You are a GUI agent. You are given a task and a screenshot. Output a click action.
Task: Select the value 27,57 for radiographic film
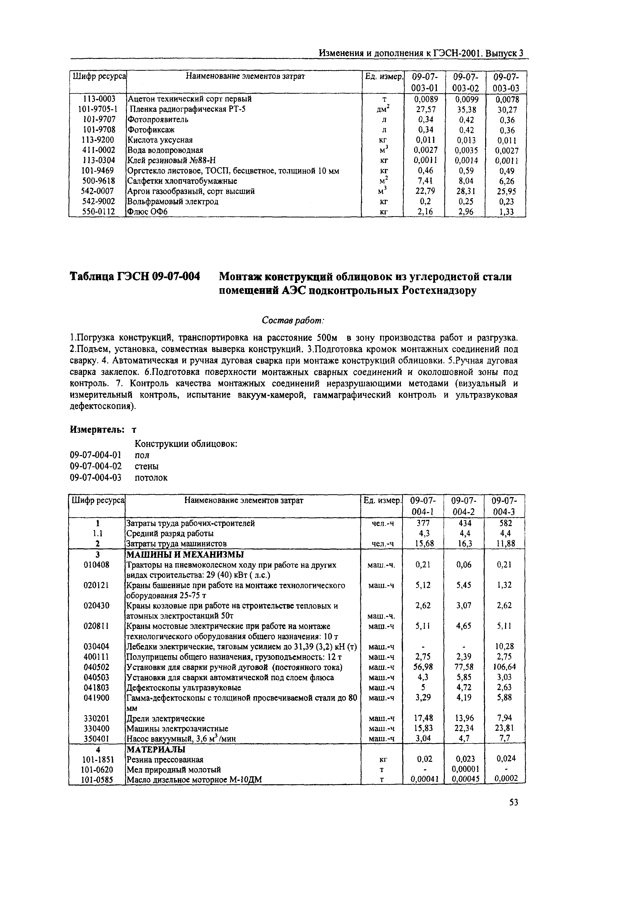click(423, 109)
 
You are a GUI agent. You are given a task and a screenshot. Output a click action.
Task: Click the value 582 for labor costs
click(505, 523)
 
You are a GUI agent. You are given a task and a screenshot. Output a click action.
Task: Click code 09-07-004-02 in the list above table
click(96, 466)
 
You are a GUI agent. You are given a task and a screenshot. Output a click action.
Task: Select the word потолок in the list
click(151, 477)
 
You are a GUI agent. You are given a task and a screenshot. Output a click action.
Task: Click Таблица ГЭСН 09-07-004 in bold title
click(135, 277)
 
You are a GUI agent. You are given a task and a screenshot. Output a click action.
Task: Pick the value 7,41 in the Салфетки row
click(423, 181)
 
